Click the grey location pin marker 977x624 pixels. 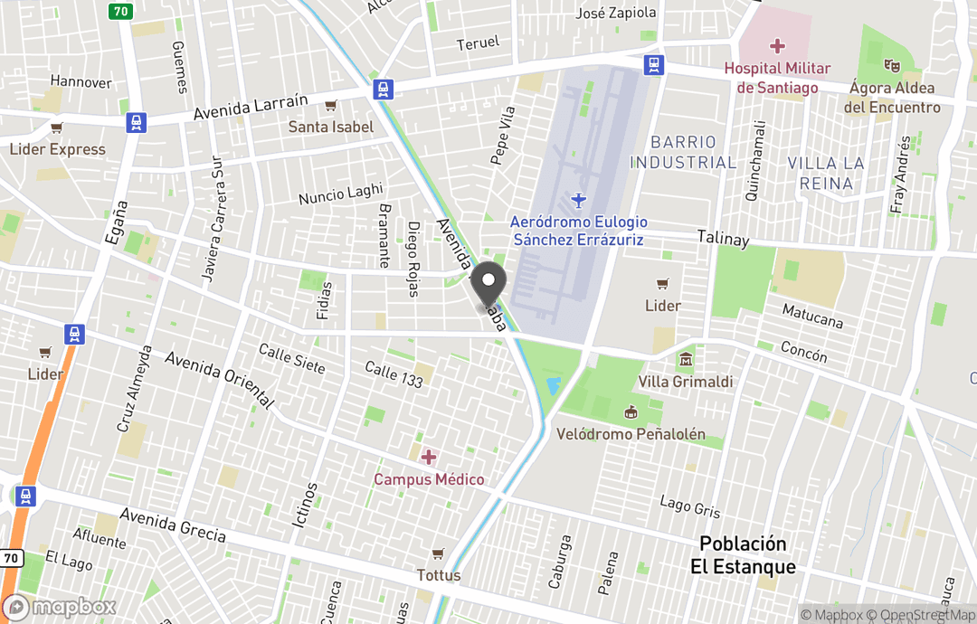tap(489, 283)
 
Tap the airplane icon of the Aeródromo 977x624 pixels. tap(579, 199)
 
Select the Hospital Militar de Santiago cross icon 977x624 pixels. tap(776, 45)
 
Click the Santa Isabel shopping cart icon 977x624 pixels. tap(331, 106)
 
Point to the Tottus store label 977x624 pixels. tap(439, 575)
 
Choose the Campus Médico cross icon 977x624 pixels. tap(429, 458)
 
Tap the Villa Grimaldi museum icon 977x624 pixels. tap(686, 360)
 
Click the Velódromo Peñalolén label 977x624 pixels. tap(631, 434)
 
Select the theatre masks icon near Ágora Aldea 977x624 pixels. tap(892, 65)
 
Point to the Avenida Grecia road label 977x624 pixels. tap(173, 525)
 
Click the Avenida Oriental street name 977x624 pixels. tap(220, 378)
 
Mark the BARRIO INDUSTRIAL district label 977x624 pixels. tap(683, 152)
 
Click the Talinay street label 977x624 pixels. tap(723, 239)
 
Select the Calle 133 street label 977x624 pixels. tap(394, 373)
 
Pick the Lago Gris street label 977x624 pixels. tap(690, 507)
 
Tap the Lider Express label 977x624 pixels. tap(58, 149)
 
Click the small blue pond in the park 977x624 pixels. tap(554, 385)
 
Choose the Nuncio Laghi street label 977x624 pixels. tap(341, 194)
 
